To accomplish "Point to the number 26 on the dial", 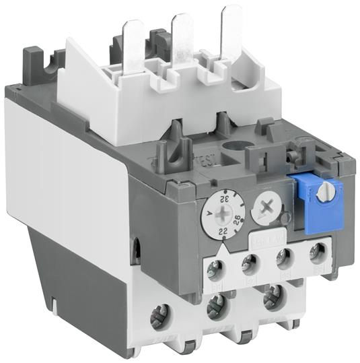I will point(235,220).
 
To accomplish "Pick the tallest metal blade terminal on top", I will point(231,36).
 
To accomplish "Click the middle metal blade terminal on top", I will point(183,44).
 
